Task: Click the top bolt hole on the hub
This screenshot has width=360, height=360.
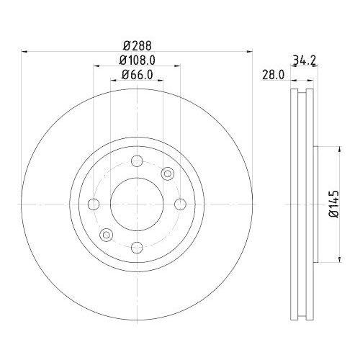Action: pyautogui.click(x=137, y=160)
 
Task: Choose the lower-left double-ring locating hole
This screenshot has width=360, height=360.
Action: pyautogui.click(x=106, y=234)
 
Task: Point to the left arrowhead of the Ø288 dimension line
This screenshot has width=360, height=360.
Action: pyautogui.click(x=24, y=50)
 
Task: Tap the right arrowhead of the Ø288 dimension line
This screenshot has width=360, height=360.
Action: pyautogui.click(x=249, y=50)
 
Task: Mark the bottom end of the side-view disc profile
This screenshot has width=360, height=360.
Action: pyautogui.click(x=302, y=320)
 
